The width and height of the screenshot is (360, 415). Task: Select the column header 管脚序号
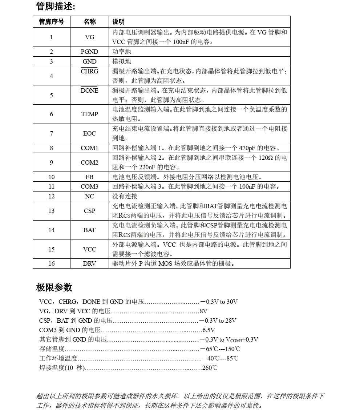click(51, 22)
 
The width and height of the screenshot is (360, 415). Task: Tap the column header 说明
click(118, 22)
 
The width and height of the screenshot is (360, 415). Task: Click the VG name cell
click(89, 37)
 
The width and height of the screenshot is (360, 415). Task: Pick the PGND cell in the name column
click(89, 52)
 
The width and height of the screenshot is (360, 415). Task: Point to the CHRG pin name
click(89, 71)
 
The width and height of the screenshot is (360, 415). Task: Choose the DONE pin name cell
click(89, 90)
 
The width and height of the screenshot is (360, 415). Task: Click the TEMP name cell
click(89, 114)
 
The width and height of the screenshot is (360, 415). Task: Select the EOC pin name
click(89, 133)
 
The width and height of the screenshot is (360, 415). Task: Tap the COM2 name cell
click(89, 162)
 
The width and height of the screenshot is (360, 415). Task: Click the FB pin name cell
click(89, 177)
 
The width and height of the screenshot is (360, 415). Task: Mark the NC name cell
click(89, 196)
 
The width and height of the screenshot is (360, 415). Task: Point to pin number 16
click(51, 263)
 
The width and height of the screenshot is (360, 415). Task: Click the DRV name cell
click(89, 263)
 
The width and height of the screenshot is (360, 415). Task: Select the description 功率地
click(121, 52)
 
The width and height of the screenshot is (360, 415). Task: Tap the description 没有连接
click(124, 196)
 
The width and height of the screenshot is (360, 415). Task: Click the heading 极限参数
click(54, 288)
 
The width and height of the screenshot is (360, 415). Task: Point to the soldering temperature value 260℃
click(210, 368)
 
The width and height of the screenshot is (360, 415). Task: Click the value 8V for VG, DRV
click(203, 311)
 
